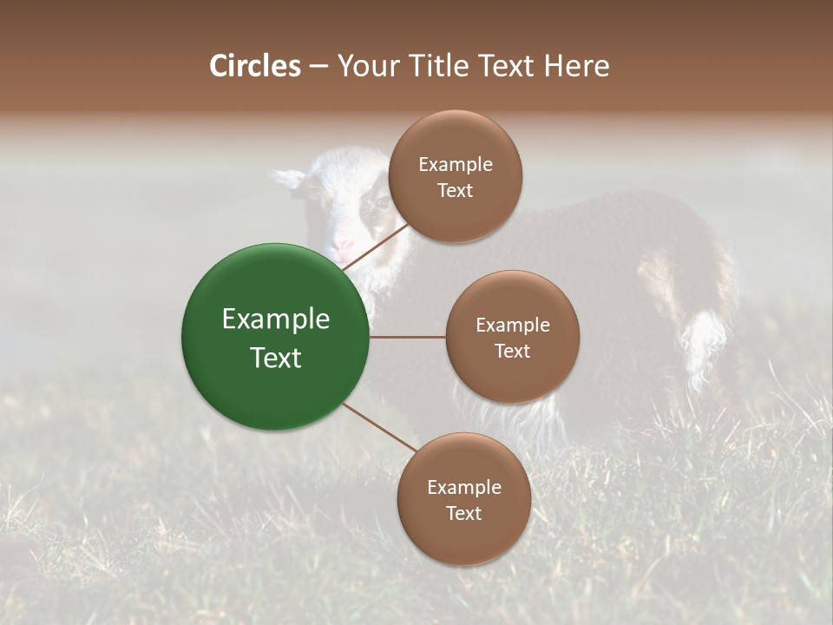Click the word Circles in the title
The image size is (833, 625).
254,66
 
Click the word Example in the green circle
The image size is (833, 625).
276,319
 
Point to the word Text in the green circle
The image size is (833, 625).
276,358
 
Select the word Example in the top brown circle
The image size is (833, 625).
455,165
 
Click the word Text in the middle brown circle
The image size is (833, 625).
512,352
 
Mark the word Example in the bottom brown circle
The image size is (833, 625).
463,488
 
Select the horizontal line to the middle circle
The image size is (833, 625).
408,337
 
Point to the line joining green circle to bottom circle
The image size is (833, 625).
379,427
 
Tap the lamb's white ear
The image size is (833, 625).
287,177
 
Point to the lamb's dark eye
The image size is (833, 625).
379,205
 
